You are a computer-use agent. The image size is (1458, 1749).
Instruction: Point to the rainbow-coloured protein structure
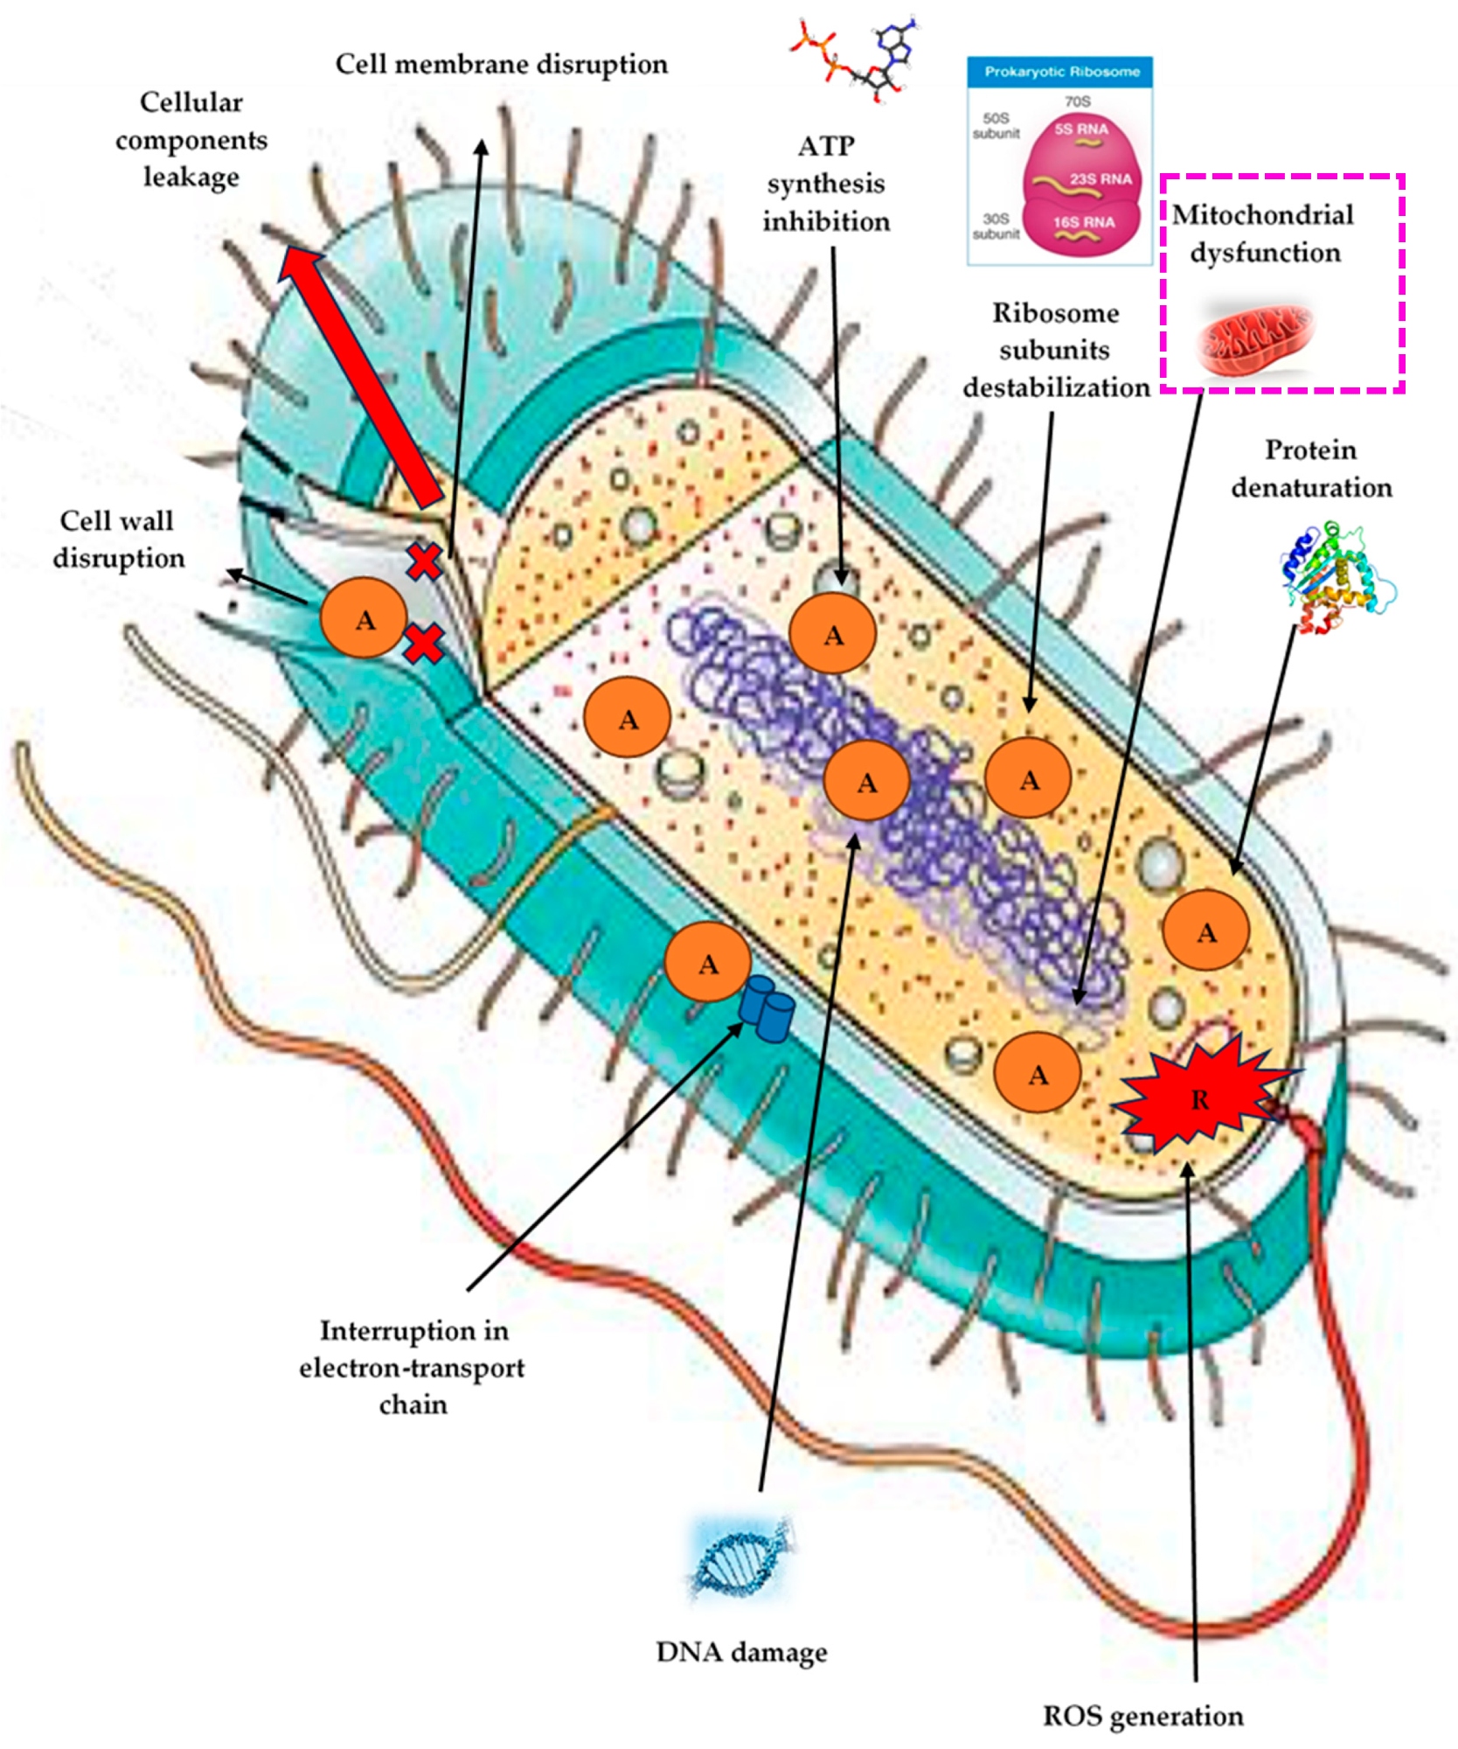click(1333, 576)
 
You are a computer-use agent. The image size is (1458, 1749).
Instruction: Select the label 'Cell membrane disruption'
click(501, 65)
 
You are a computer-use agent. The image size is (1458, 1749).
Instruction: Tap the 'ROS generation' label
click(1142, 1716)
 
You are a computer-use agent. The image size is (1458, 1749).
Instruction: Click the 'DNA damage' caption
click(741, 1652)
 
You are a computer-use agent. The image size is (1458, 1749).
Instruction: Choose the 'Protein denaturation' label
click(1311, 469)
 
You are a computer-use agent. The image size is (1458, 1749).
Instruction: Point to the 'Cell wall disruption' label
click(118, 540)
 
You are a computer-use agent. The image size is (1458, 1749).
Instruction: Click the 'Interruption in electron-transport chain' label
click(413, 1367)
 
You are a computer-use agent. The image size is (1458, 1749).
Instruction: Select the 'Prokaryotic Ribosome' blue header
click(1060, 72)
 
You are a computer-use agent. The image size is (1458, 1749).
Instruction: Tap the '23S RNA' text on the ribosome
click(1100, 179)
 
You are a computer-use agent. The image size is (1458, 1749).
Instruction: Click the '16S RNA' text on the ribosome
click(1083, 222)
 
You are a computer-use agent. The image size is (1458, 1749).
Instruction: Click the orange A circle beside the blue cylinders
click(707, 963)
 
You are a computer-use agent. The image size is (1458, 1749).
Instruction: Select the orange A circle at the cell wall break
click(364, 618)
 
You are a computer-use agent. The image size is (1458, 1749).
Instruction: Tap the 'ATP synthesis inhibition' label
click(826, 184)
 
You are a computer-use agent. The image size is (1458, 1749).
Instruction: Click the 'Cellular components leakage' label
click(191, 140)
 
